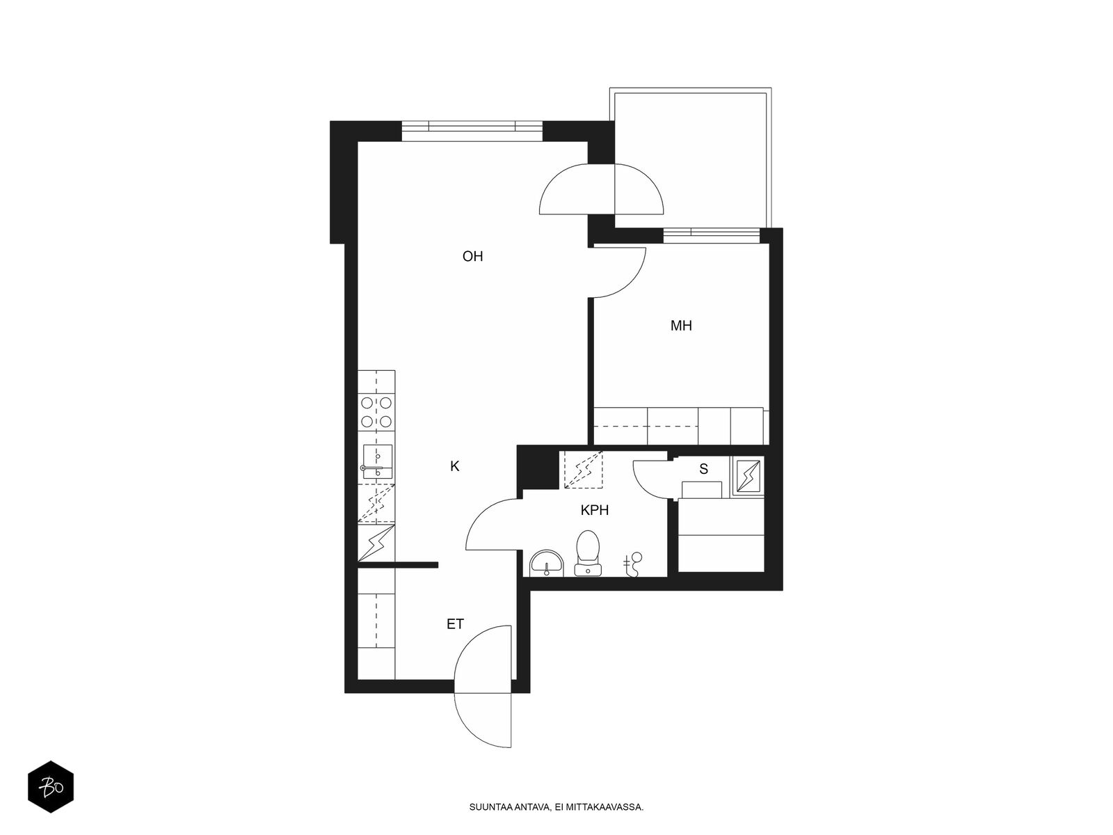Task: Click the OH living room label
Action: pos(472,257)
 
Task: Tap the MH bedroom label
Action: pos(680,326)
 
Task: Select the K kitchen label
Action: pos(454,466)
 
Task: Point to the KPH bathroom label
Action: pos(594,510)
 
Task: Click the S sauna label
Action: pos(703,469)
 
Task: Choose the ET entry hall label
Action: pos(455,624)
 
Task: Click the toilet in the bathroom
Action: pos(588,553)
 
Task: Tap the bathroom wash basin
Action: pos(547,563)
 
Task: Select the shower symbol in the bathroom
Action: pos(633,564)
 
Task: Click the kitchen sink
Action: pos(377,461)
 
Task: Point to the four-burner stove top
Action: pos(376,413)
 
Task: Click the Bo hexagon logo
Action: pos(51,787)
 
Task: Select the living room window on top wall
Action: pos(472,131)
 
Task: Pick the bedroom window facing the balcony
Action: pos(712,237)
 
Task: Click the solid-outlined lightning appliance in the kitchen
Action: pos(376,543)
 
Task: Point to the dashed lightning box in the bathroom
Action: pos(584,470)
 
